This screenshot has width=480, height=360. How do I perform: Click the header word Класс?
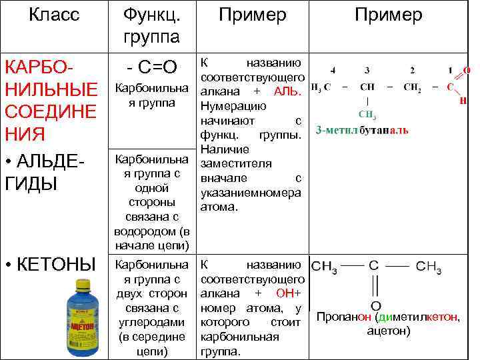tap(54, 15)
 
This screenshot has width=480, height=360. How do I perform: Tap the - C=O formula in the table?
tap(152, 67)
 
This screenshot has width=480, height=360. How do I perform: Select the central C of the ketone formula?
tap(375, 265)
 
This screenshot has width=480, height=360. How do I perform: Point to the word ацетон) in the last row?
tap(389, 331)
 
